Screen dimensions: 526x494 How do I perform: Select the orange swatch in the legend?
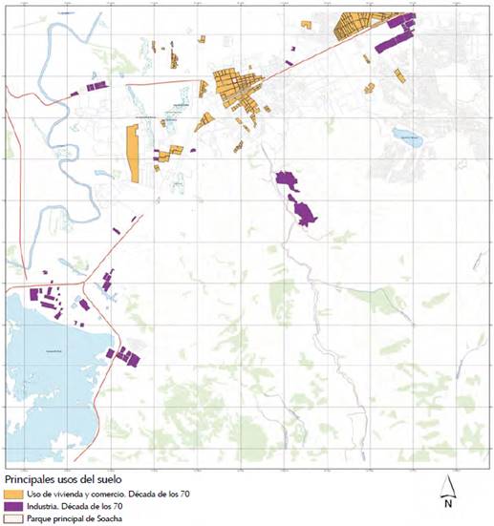[14, 494]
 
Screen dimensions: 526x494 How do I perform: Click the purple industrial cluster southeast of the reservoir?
[125, 356]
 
